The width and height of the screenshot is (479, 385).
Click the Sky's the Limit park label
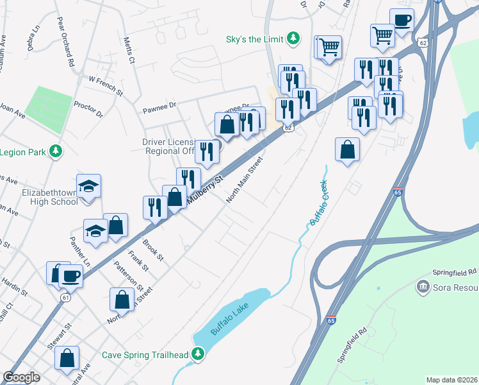tap(254, 38)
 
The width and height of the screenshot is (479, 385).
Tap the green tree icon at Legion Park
tap(56, 151)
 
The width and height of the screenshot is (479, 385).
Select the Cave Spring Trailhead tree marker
tap(199, 354)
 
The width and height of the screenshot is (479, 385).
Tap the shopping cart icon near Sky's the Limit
tap(329, 46)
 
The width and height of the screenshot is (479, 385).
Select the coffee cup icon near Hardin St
tap(70, 276)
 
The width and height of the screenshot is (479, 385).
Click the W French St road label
tap(105, 85)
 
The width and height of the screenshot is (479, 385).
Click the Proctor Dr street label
tap(88, 109)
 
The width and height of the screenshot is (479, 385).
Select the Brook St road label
tap(154, 250)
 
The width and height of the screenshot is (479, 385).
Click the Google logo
tap(22, 377)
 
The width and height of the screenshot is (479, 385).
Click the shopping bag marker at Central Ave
tap(67, 357)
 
